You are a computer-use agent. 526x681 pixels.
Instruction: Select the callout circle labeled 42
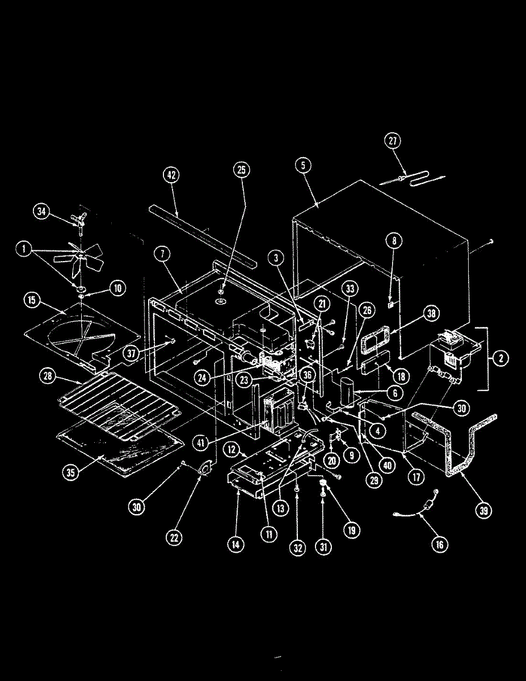[171, 175]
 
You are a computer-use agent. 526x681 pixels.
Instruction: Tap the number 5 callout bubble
[303, 166]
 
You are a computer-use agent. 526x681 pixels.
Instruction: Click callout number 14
[235, 544]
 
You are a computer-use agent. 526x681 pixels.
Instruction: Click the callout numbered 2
[500, 358]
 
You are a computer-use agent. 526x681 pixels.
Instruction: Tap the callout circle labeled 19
[351, 531]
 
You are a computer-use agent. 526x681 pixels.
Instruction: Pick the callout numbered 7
[162, 256]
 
